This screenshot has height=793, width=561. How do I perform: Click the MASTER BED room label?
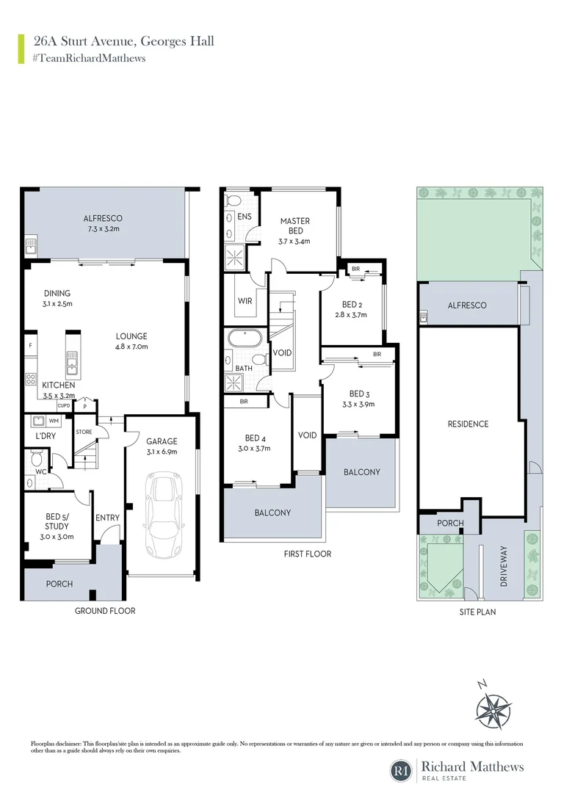(x=294, y=225)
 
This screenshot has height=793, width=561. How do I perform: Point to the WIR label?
(x=245, y=301)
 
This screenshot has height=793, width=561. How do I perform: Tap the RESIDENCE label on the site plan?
(x=468, y=424)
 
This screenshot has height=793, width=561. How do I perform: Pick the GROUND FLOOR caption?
(x=106, y=611)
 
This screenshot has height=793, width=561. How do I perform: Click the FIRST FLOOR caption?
(x=308, y=554)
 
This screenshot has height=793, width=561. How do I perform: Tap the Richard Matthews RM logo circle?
(x=402, y=770)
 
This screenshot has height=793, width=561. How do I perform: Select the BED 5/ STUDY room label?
(x=56, y=521)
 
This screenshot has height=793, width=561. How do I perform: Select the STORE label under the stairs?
(x=84, y=432)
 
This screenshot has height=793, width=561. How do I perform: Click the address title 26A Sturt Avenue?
(x=123, y=41)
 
